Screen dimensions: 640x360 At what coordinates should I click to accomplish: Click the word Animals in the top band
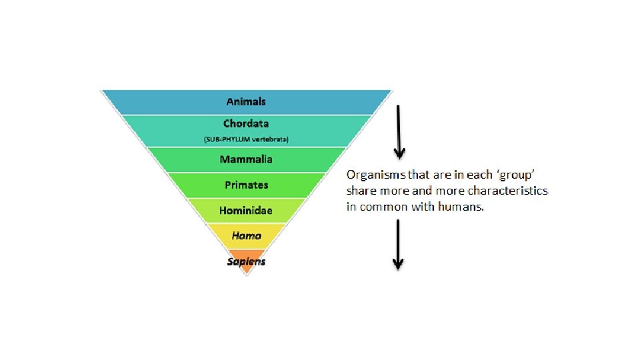[246, 101]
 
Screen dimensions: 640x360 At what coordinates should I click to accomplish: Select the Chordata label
[246, 123]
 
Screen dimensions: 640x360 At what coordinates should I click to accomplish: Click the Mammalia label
[246, 159]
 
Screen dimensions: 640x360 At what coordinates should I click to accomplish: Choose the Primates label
[246, 185]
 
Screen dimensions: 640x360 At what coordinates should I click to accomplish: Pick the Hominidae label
[246, 211]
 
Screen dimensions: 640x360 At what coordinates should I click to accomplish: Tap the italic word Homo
[246, 235]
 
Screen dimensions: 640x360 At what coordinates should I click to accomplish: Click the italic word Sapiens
[246, 261]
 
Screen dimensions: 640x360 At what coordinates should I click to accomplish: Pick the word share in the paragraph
[361, 191]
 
